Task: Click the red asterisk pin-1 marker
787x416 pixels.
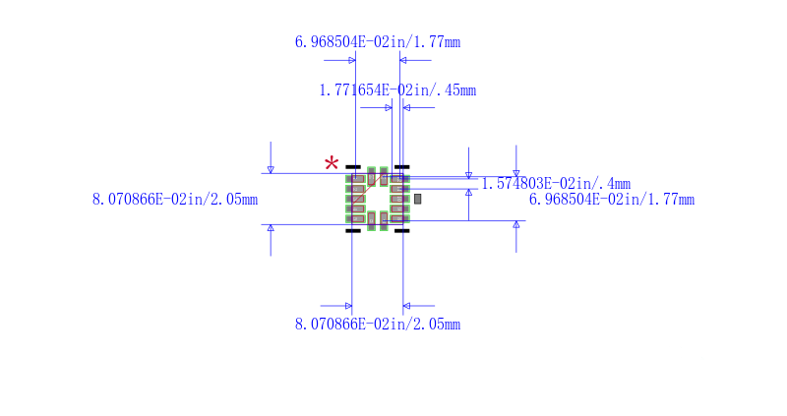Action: (332, 163)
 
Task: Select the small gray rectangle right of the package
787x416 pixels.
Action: (417, 199)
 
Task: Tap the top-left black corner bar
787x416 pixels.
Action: (353, 166)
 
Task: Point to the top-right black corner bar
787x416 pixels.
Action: (402, 166)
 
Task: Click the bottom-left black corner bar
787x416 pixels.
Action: (353, 231)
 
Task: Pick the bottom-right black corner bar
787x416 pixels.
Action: (402, 231)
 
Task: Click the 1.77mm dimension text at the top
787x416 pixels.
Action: (378, 41)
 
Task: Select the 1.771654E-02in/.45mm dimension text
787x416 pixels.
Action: (397, 90)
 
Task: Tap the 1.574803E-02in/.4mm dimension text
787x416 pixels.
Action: (556, 184)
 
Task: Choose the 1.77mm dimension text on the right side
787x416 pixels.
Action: (612, 200)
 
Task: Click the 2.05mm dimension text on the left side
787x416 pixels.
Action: (175, 200)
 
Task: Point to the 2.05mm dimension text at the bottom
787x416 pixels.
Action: (378, 325)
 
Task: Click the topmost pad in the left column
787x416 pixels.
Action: (355, 179)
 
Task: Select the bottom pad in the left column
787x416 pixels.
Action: (355, 218)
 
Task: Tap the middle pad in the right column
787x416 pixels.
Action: (399, 199)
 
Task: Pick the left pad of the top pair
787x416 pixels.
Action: (372, 176)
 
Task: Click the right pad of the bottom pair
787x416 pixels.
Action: (384, 221)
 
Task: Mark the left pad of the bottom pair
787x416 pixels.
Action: (372, 221)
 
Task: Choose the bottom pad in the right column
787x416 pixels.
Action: (399, 218)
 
